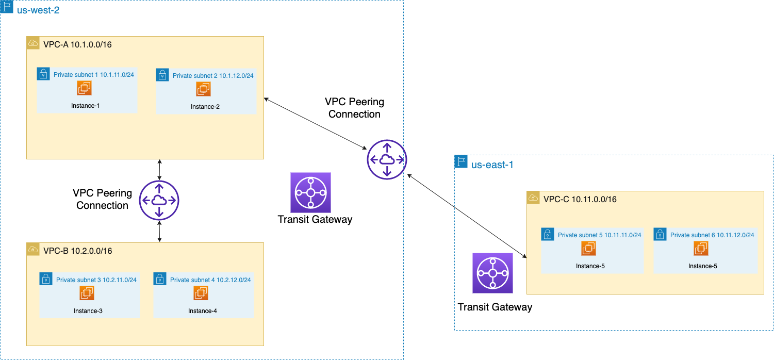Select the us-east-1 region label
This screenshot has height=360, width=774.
(x=492, y=165)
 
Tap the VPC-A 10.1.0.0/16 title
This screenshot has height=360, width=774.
(x=77, y=44)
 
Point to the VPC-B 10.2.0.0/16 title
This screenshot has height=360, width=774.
(x=77, y=251)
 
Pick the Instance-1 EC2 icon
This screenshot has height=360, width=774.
(x=85, y=89)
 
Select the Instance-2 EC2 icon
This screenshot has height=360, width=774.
(x=203, y=89)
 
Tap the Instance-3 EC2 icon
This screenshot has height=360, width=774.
(x=86, y=293)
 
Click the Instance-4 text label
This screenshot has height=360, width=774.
(x=202, y=310)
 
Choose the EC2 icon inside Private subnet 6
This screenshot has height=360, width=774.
(x=701, y=249)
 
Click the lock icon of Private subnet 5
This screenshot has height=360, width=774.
(x=547, y=234)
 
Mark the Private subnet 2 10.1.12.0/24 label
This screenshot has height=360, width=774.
(x=213, y=76)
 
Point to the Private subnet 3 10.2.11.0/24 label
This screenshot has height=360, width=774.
(x=96, y=280)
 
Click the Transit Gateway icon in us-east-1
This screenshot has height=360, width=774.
(x=492, y=273)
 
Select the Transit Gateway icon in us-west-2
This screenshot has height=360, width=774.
(x=310, y=192)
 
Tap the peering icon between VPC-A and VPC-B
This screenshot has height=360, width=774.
(x=159, y=201)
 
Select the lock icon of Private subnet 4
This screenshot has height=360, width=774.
(x=160, y=279)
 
